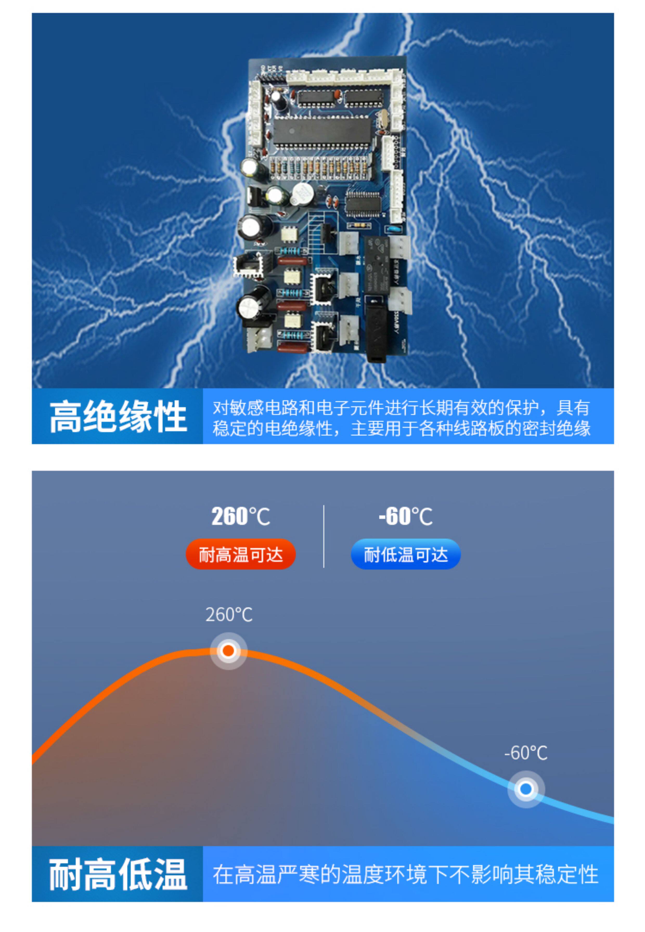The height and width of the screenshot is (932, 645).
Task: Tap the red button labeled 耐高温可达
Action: click(x=241, y=554)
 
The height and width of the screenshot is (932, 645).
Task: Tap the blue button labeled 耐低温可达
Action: click(x=405, y=554)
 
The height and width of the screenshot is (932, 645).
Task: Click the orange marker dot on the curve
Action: click(x=228, y=651)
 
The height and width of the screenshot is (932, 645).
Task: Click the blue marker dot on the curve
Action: click(x=526, y=788)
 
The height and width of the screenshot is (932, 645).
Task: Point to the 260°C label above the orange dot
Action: click(x=229, y=615)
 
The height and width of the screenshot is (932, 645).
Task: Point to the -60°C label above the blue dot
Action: click(x=526, y=753)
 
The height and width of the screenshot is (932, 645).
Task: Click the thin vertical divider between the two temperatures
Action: click(x=324, y=536)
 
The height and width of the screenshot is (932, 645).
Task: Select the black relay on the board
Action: click(x=377, y=265)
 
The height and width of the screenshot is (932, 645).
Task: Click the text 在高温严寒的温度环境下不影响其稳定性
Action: click(x=405, y=875)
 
